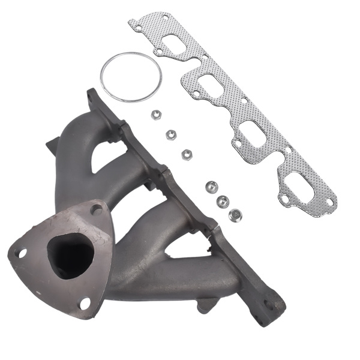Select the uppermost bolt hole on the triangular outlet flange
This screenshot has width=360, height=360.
point(95,209)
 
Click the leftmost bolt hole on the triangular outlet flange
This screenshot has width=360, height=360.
point(22,253)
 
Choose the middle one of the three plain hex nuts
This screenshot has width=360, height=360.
point(171,134)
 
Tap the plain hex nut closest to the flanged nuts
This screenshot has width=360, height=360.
point(187,154)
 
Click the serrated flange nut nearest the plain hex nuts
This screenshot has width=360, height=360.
point(211,187)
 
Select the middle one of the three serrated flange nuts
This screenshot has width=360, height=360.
point(223,200)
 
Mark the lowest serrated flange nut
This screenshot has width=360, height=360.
point(235,214)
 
